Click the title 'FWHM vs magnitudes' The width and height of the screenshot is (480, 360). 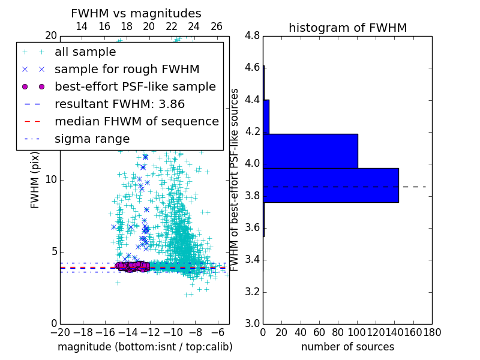click(x=136, y=13)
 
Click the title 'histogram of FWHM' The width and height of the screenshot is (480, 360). click(x=347, y=28)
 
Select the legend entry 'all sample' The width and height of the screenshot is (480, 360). click(x=85, y=52)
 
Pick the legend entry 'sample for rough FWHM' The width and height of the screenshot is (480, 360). click(x=127, y=70)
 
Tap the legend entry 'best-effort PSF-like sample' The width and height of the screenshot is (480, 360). click(x=135, y=87)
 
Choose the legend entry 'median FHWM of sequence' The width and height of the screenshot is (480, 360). click(x=136, y=122)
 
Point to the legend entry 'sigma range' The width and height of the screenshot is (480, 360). click(x=92, y=139)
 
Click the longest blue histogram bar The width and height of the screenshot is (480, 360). click(x=331, y=185)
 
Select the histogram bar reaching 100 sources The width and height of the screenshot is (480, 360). click(x=310, y=151)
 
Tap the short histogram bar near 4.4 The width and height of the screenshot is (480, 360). click(x=266, y=116)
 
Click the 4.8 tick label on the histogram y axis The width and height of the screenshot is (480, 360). click(x=253, y=35)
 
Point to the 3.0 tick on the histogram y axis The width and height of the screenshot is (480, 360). click(x=253, y=324)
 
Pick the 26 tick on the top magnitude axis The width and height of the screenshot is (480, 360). click(x=217, y=26)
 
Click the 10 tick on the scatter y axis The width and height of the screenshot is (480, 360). click(x=51, y=180)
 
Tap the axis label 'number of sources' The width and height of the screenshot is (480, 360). click(x=347, y=347)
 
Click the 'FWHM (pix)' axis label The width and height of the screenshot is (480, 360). click(x=35, y=180)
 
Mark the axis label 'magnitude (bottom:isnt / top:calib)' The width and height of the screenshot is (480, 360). click(x=145, y=347)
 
